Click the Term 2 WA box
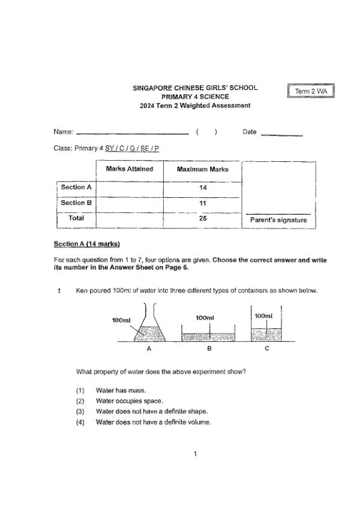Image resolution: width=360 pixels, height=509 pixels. coord(310,91)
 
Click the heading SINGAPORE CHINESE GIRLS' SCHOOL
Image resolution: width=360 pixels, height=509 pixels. coord(195,88)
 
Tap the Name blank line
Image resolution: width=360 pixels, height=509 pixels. coord(133,133)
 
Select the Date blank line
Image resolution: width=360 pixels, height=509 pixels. coord(281,134)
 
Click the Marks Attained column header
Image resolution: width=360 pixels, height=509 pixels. coord(129,169)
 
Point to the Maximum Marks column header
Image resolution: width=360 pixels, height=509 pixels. coord(202,170)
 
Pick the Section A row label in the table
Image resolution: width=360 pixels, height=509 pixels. coord(76,187)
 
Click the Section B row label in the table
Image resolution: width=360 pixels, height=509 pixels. coord(76,203)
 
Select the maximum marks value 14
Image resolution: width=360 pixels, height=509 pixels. coord(202,188)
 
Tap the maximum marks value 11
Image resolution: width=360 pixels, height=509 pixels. coord(202,203)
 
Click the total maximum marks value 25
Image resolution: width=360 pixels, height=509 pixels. coord(202,219)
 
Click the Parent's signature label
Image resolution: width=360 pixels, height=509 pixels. coord(278,220)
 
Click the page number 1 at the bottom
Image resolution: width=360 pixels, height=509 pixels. coord(196,453)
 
